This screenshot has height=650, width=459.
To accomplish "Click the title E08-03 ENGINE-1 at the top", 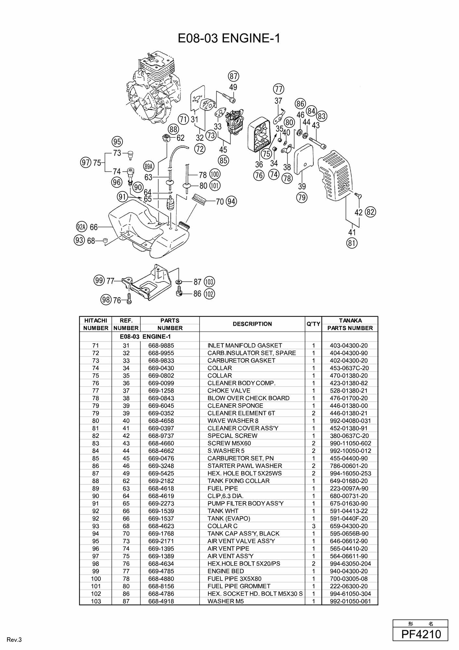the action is tap(229, 38).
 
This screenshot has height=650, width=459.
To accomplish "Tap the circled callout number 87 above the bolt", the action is tap(233, 76).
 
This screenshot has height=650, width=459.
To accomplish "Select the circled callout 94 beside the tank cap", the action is tap(231, 201).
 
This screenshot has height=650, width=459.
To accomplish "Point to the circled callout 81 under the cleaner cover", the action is tap(352, 243).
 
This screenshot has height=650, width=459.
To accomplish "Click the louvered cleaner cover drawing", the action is tap(335, 175).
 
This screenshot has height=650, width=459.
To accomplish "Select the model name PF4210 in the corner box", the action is tap(421, 634).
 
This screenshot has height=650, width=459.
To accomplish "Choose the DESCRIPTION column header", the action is tap(252, 324).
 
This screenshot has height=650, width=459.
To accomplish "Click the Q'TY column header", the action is tap(313, 324).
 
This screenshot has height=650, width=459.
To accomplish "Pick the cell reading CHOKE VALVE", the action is tap(229, 391).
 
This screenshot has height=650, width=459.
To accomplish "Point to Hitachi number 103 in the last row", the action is tap(96, 601).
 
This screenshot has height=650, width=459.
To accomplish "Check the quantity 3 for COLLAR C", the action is tap(313, 526).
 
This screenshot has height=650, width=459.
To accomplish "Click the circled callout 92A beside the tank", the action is tap(82, 227).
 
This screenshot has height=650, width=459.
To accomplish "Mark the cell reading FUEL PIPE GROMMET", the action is tap(239, 586).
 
